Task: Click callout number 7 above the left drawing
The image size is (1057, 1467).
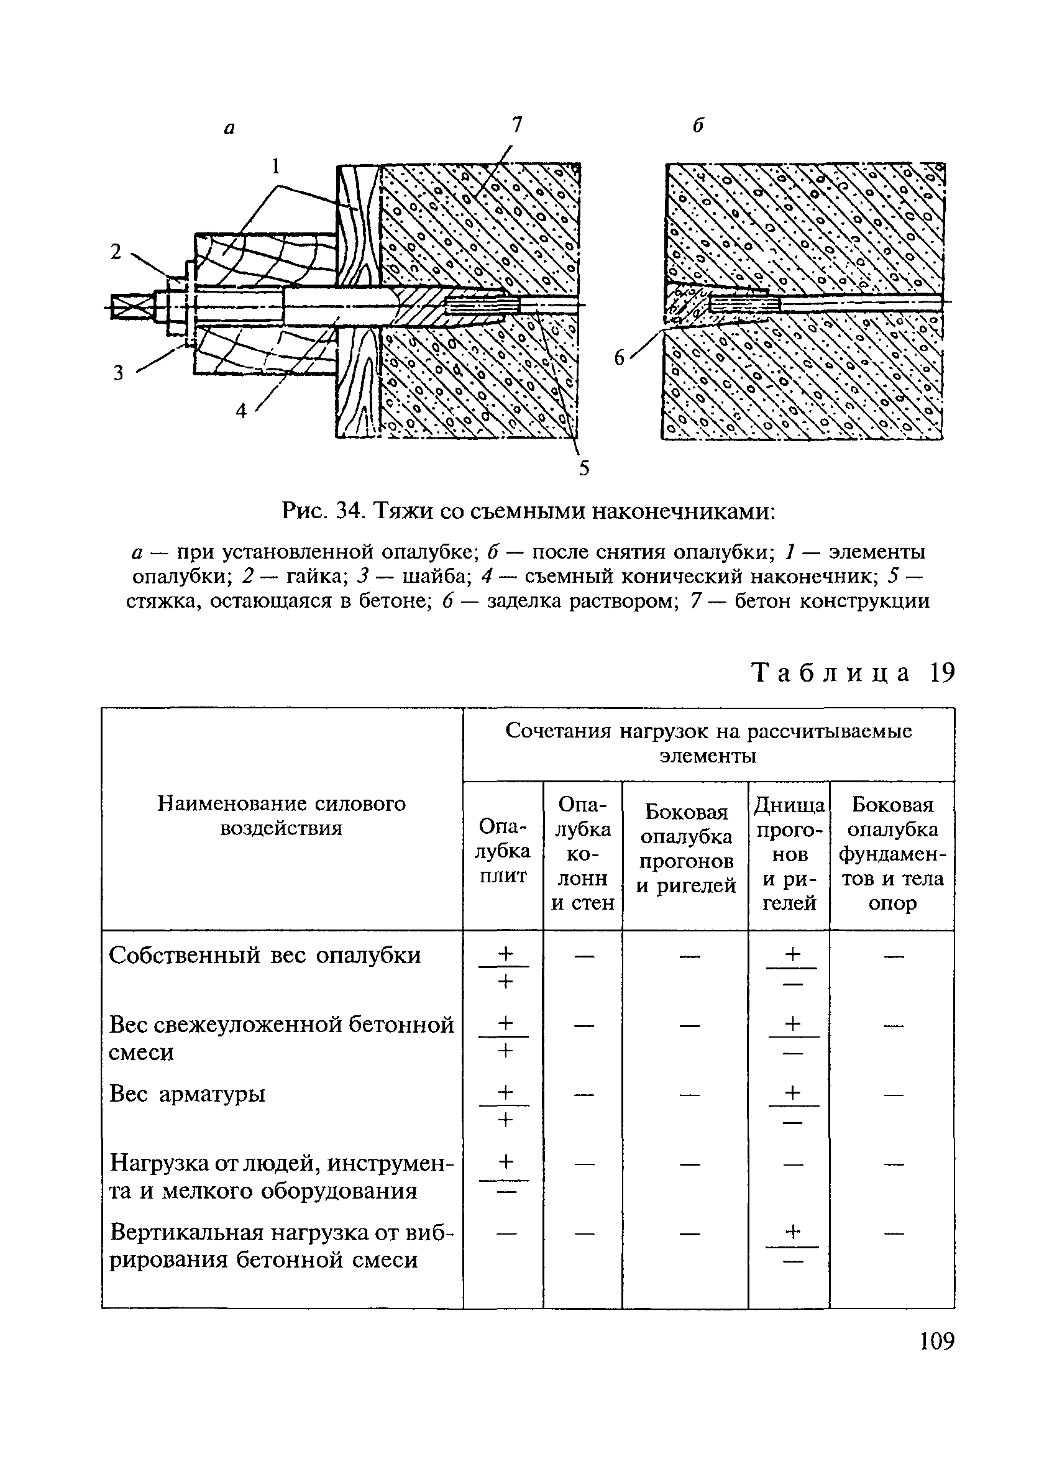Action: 516,125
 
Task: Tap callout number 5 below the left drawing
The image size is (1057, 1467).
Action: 583,468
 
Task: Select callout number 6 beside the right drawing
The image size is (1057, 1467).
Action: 620,358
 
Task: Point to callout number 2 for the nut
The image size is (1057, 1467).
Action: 116,252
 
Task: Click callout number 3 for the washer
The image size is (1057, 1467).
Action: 119,373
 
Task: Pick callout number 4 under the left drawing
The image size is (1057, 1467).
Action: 241,410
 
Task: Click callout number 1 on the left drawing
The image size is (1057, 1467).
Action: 275,167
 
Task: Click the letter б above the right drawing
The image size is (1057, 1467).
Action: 698,126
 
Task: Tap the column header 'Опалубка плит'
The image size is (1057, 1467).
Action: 503,851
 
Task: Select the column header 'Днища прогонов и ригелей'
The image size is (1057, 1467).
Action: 789,854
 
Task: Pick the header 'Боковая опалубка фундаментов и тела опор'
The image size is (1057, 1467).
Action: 892,854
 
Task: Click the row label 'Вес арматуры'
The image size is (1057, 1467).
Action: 188,1094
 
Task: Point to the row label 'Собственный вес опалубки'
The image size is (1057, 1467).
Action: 265,956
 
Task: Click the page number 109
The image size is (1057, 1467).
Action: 936,1341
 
